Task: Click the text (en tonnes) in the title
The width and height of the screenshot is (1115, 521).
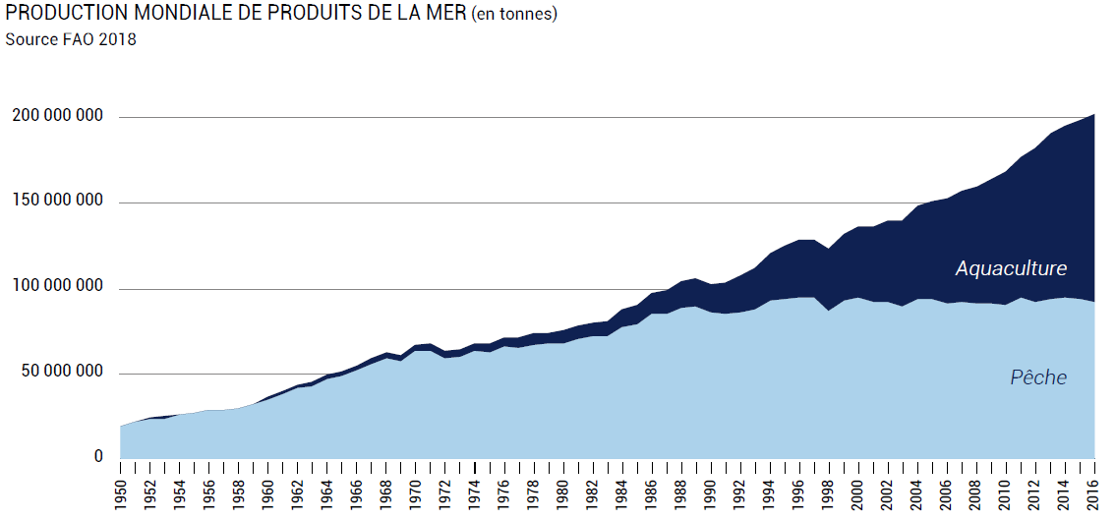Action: [x=514, y=15]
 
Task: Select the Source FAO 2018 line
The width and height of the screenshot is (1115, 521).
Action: [x=71, y=40]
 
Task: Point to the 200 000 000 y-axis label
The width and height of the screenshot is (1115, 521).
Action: [x=57, y=117]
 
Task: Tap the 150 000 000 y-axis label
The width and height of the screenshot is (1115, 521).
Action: [x=57, y=203]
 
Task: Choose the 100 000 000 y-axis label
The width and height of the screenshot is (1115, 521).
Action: [x=57, y=288]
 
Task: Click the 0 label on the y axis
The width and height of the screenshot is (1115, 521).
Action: [x=98, y=457]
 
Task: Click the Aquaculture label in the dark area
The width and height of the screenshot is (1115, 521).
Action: [x=1011, y=268]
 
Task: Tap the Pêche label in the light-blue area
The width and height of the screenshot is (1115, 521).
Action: [x=1038, y=377]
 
